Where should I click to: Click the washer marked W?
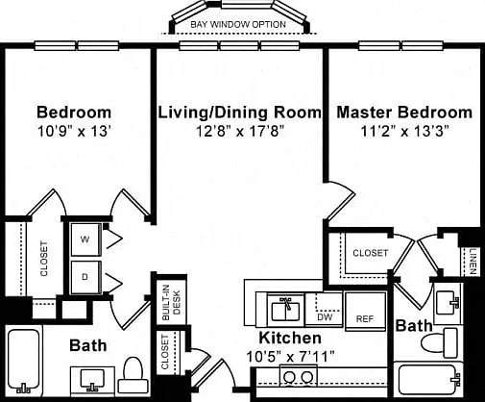pyautogui.click(x=85, y=239)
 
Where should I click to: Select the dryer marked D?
pyautogui.click(x=85, y=277)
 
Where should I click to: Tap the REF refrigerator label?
pyautogui.click(x=365, y=319)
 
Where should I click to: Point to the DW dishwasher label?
pyautogui.click(x=325, y=317)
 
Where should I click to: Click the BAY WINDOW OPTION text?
pyautogui.click(x=238, y=24)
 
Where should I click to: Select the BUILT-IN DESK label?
pyautogui.click(x=171, y=303)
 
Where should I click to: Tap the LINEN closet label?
pyautogui.click(x=473, y=262)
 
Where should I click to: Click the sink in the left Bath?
pyautogui.click(x=92, y=379)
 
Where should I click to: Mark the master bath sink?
pyautogui.click(x=449, y=303)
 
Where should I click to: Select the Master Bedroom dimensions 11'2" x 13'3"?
pyautogui.click(x=404, y=131)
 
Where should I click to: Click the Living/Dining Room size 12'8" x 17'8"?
pyautogui.click(x=240, y=131)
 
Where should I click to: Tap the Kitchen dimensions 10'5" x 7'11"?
pyautogui.click(x=290, y=356)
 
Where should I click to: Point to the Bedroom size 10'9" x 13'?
pyautogui.click(x=74, y=131)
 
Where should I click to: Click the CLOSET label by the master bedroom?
pyautogui.click(x=371, y=253)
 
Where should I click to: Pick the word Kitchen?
pyautogui.click(x=290, y=338)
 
